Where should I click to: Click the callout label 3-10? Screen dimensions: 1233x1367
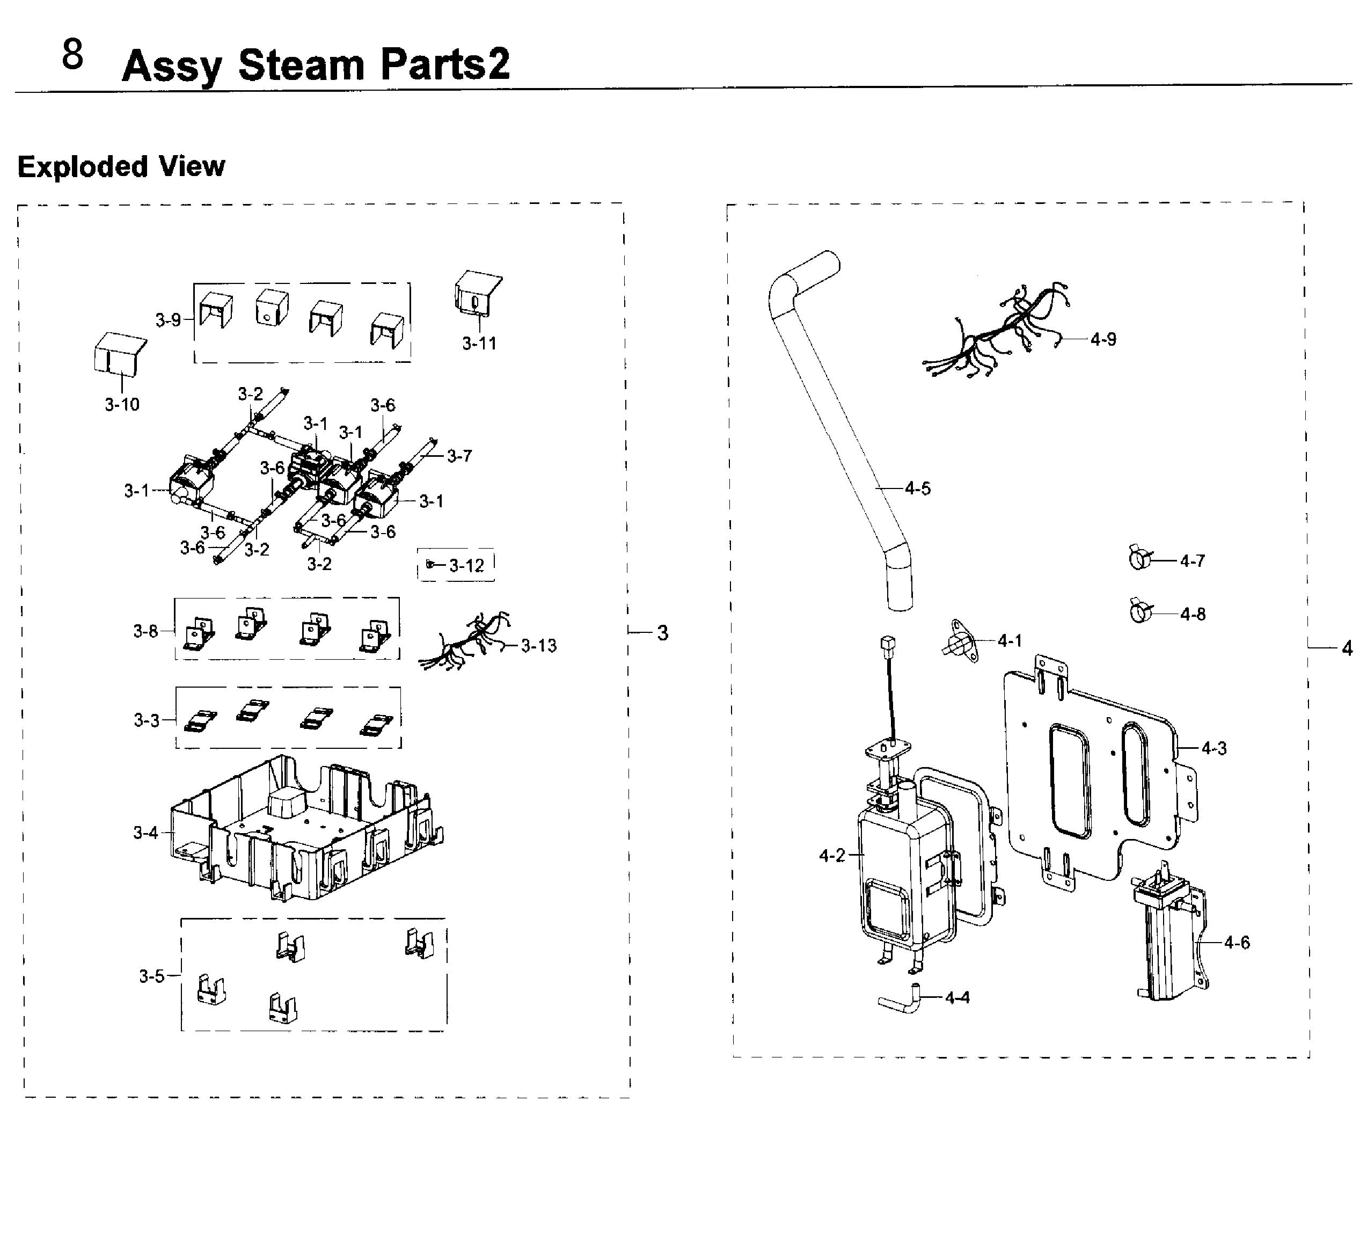coord(122,404)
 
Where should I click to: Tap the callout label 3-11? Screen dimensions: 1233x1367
coord(479,344)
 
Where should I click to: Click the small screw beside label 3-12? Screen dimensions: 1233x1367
coord(429,564)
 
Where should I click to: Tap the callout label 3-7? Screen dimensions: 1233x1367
coord(459,456)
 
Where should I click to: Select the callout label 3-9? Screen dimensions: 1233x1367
coord(168,320)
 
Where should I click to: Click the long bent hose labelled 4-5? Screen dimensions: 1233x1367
coord(840,434)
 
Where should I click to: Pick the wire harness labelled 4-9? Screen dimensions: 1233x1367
coord(996,332)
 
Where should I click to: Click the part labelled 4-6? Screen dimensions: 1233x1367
coord(1168,942)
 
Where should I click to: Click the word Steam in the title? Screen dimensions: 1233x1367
coord(302,65)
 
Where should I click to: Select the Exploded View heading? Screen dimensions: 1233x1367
coord(121,166)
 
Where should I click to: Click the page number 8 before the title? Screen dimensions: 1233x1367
coord(72,55)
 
